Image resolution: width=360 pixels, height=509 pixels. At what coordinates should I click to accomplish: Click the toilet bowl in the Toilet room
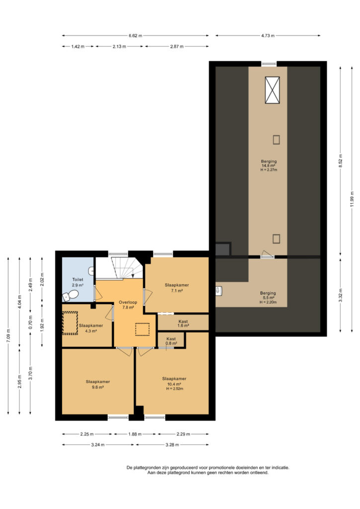tap(71, 296)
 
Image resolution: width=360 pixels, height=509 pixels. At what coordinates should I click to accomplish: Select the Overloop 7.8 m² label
tap(128, 305)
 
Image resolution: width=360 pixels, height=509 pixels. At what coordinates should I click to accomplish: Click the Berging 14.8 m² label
tap(269, 165)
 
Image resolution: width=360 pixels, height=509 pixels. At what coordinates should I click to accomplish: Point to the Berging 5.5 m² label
tap(268, 297)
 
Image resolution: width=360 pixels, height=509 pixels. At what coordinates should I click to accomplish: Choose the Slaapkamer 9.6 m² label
tap(98, 384)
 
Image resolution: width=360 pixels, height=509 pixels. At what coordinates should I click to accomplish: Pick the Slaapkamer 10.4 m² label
tap(175, 383)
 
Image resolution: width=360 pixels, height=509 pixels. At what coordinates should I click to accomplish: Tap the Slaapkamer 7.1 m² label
tap(177, 288)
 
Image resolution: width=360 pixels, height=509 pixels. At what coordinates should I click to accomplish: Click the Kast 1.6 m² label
tap(183, 323)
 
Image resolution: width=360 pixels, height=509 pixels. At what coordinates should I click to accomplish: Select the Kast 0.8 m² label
tap(171, 341)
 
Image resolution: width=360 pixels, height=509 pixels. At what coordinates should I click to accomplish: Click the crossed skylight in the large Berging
tap(272, 90)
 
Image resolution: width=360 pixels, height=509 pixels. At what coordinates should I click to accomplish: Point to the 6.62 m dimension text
tap(135, 36)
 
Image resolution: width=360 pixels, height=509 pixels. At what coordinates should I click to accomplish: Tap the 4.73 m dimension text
tap(268, 36)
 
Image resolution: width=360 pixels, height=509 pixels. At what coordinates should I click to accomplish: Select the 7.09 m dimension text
tap(8, 336)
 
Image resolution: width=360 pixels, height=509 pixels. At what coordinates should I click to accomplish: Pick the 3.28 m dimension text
tap(172, 445)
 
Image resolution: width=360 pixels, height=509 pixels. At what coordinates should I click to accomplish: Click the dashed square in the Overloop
tap(142, 329)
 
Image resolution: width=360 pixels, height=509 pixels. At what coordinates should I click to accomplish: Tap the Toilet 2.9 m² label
tap(78, 282)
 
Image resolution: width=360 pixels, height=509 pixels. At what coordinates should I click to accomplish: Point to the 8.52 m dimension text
tap(340, 161)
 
